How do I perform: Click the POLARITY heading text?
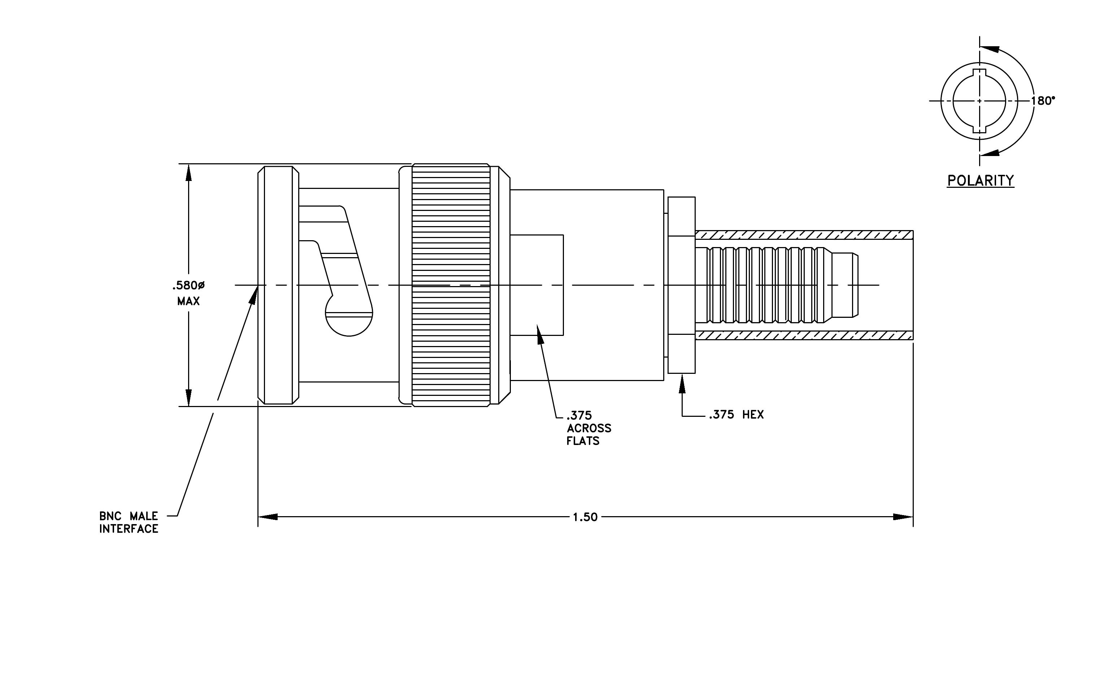[981, 180]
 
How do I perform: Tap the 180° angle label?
[1043, 101]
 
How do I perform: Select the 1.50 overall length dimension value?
[585, 517]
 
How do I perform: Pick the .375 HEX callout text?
[736, 415]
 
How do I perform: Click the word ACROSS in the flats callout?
[589, 428]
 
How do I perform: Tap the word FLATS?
[583, 441]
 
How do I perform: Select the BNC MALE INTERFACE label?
[129, 522]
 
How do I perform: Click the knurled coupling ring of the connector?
[451, 285]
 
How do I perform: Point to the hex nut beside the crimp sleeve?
[682, 285]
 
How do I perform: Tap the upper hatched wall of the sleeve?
[804, 235]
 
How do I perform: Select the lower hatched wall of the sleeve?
[804, 335]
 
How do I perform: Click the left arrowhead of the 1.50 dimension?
[268, 517]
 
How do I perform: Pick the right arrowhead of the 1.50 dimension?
[903, 517]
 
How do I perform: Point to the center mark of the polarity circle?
[979, 101]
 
